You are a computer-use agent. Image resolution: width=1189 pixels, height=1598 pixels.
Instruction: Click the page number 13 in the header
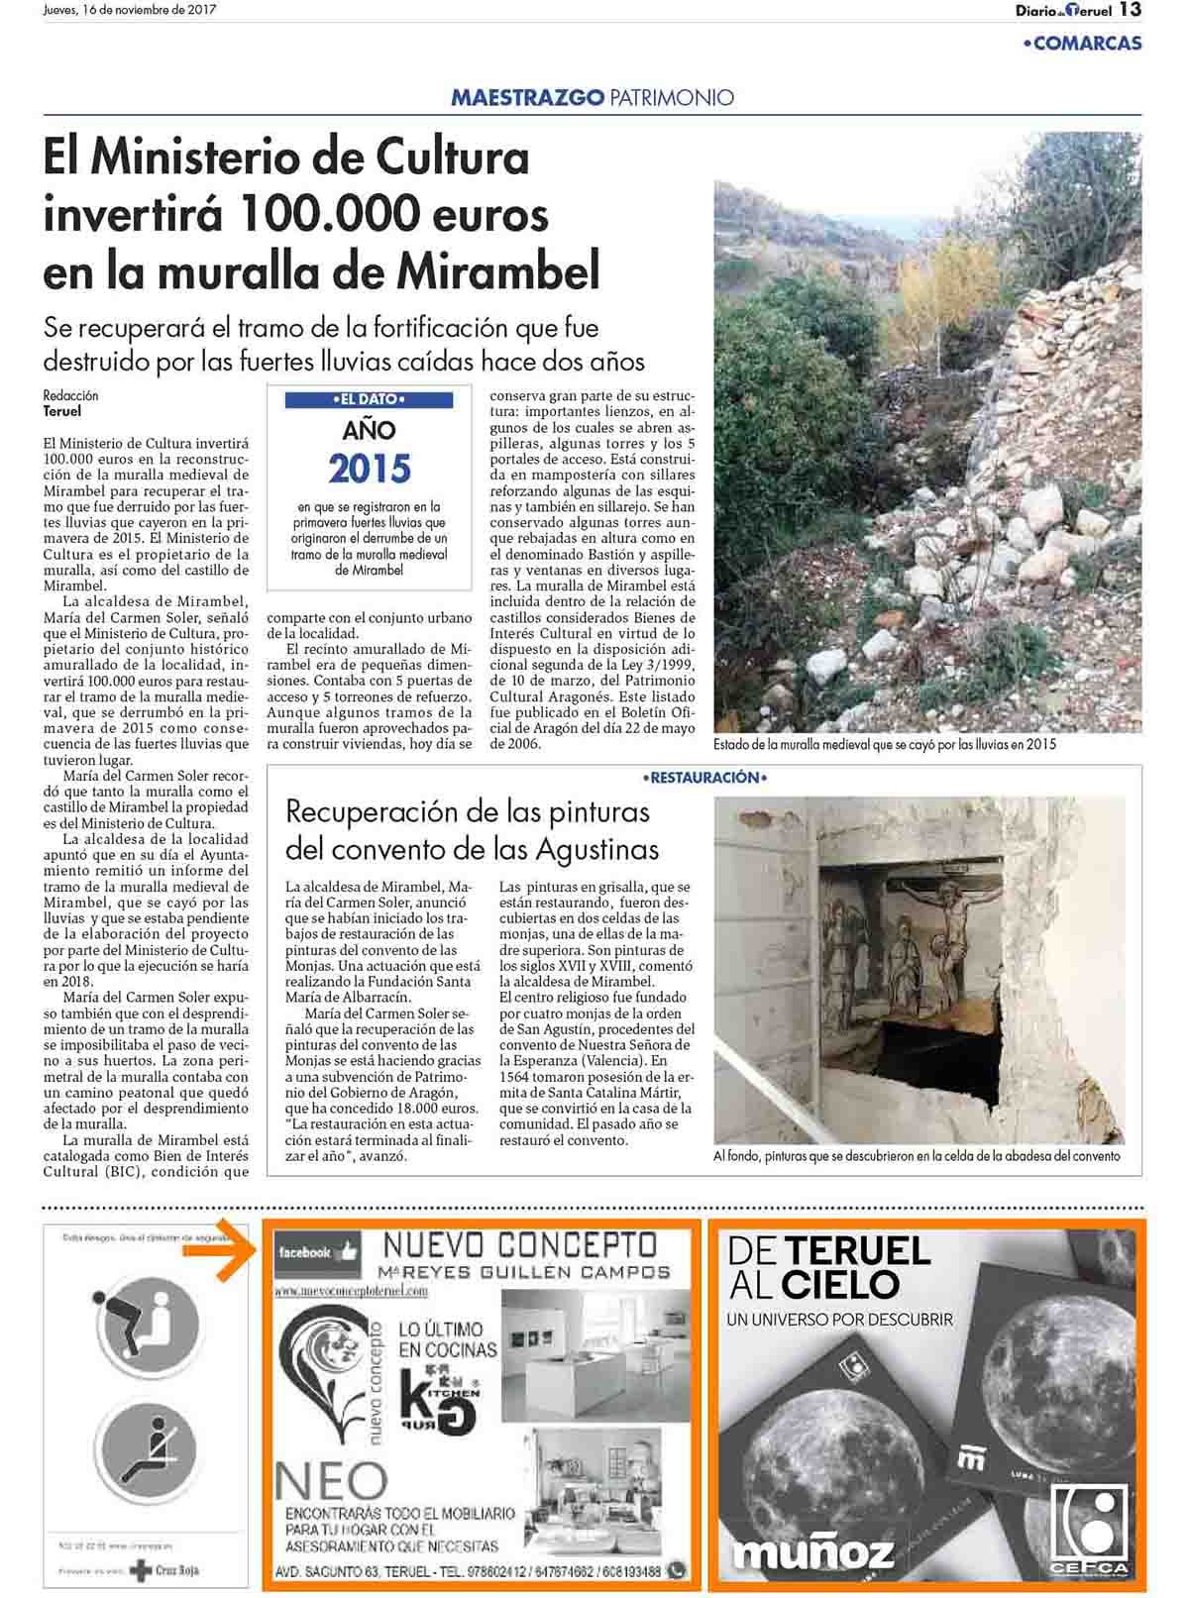1131,10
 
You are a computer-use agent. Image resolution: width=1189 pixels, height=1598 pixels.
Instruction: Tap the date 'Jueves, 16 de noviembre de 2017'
130,10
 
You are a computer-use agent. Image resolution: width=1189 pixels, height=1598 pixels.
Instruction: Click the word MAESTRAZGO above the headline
527,97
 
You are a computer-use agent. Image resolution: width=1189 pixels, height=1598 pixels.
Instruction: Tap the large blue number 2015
369,468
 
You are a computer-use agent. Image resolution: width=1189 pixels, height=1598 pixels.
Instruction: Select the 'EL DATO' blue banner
369,400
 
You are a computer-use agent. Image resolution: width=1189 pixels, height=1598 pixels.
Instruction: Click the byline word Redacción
71,395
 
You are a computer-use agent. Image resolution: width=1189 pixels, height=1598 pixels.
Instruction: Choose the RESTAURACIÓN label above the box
704,779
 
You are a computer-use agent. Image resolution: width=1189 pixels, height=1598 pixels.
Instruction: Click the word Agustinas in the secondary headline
597,849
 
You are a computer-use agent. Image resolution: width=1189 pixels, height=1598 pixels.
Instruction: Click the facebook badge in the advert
316,1252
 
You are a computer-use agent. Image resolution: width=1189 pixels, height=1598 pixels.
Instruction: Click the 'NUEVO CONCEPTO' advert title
520,1243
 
